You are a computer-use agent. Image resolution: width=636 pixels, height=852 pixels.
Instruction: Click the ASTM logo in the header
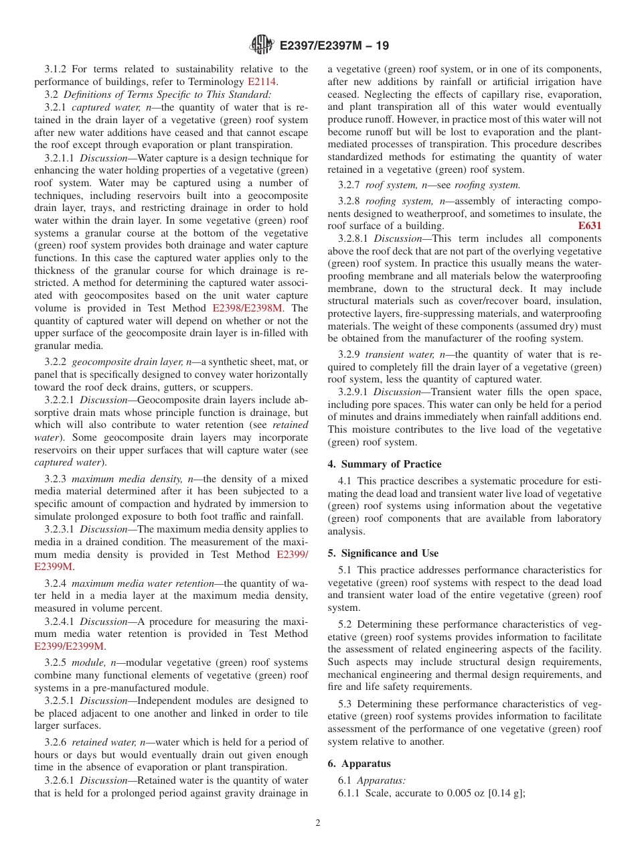point(261,45)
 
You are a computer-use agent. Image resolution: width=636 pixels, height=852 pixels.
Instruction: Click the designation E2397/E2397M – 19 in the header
point(333,46)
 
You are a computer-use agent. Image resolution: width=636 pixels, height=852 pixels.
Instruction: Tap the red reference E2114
point(262,82)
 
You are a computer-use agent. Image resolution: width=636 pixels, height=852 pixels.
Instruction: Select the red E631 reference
point(589,226)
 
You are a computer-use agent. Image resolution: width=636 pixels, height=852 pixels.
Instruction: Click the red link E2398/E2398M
point(247,308)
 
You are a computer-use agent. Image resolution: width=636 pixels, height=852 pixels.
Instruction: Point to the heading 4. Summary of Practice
point(384,464)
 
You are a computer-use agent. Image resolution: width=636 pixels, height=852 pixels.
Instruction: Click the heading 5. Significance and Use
point(383,553)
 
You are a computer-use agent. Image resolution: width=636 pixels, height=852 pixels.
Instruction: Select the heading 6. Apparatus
point(359,764)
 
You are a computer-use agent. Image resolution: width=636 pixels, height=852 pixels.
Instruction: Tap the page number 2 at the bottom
point(318,823)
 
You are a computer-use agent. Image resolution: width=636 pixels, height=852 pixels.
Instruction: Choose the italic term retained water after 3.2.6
point(102,742)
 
